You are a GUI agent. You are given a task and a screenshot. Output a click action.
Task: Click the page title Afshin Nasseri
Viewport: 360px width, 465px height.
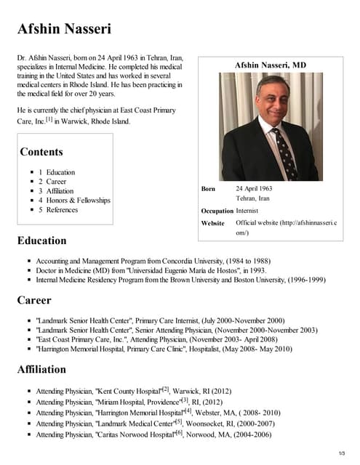click(x=65, y=29)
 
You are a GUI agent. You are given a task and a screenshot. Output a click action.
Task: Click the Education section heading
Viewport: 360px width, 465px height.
click(x=41, y=240)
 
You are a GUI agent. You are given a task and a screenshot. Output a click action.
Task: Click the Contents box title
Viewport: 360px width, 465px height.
click(x=41, y=152)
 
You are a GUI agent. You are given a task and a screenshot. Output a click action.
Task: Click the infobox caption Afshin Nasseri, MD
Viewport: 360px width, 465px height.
click(x=271, y=65)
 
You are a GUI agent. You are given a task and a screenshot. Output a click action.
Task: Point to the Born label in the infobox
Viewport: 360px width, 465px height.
click(x=208, y=189)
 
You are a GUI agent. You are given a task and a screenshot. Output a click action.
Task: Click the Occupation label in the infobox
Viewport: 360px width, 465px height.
click(x=217, y=211)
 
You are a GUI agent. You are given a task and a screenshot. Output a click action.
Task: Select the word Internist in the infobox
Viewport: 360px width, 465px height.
click(x=249, y=211)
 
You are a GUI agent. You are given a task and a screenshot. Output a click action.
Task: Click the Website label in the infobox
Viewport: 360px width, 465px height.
click(x=212, y=223)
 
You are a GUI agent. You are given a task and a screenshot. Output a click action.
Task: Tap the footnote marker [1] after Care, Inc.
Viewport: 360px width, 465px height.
click(x=49, y=119)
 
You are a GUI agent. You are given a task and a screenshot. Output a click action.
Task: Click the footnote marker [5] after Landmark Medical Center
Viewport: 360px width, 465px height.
click(x=178, y=421)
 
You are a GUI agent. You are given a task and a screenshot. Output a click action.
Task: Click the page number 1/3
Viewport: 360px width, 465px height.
click(x=345, y=453)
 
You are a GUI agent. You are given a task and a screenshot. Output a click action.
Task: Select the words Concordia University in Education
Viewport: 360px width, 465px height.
click(x=203, y=259)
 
